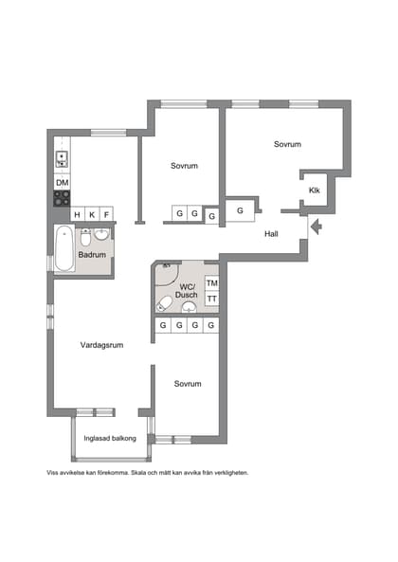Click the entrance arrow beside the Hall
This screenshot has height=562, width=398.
click(317, 227)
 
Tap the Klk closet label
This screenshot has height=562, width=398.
click(315, 190)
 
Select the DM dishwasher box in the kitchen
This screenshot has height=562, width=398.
click(62, 182)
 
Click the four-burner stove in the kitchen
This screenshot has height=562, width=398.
click(62, 198)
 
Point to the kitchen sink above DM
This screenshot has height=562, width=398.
click(62, 159)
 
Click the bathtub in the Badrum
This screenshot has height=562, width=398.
click(64, 248)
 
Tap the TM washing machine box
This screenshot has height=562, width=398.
click(211, 283)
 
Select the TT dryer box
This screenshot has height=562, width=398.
click(211, 299)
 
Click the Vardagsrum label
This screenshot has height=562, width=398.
click(101, 345)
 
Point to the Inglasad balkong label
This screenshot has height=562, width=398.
click(110, 439)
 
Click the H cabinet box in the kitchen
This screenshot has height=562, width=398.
click(77, 215)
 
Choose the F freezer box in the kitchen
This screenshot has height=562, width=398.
click(106, 215)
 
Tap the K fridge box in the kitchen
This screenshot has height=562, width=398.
click(92, 215)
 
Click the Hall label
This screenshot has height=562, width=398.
click(271, 234)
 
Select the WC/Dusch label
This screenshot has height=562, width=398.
click(187, 291)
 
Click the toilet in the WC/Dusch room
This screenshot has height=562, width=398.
click(165, 303)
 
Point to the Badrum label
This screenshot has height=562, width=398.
click(92, 255)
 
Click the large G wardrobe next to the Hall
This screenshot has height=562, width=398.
click(240, 210)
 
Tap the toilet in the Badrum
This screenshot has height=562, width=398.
click(85, 237)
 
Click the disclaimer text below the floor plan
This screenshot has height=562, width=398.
click(147, 473)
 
